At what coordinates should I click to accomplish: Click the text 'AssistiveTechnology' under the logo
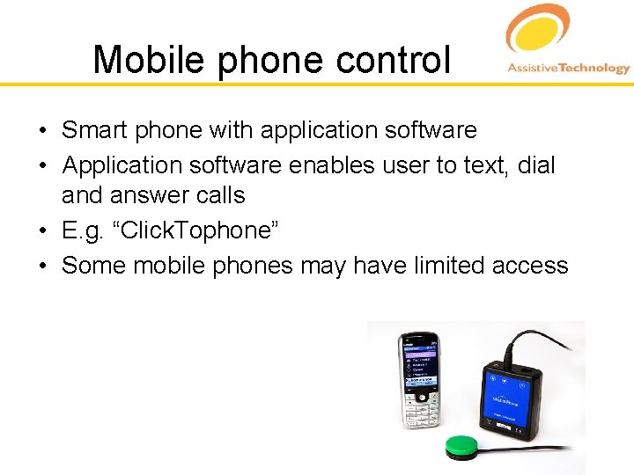[568, 68]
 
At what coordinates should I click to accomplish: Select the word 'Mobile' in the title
[149, 60]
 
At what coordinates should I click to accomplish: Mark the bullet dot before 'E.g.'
[42, 231]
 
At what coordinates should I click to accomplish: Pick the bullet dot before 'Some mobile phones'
[42, 266]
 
